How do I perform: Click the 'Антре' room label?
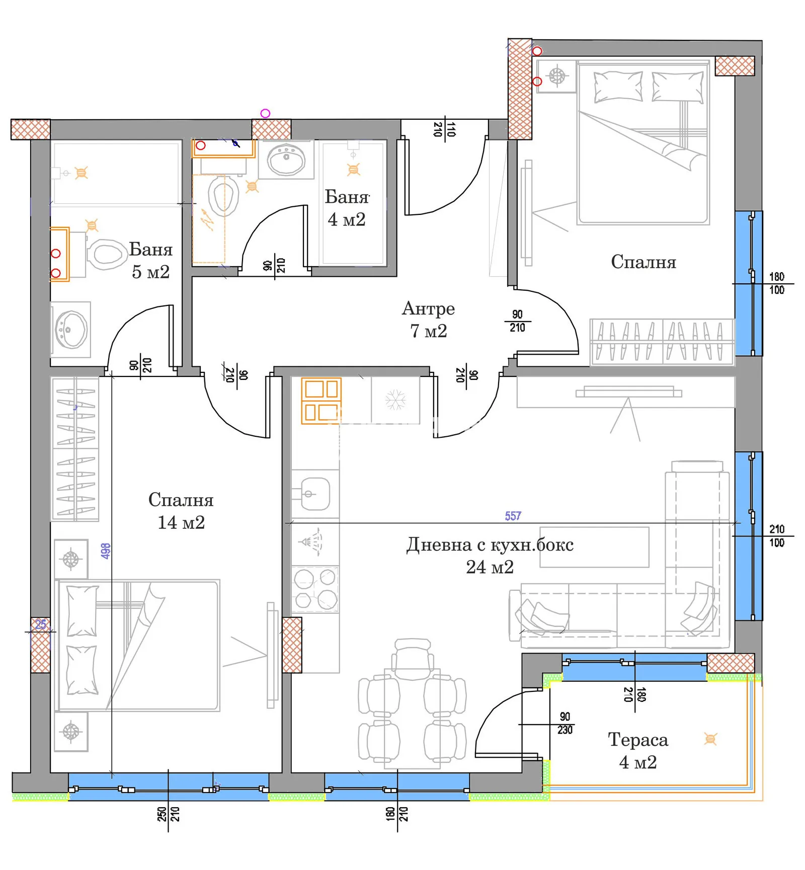(x=428, y=308)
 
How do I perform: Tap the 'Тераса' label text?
(x=638, y=740)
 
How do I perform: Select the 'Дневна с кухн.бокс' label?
(x=490, y=544)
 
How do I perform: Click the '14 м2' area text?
(x=181, y=523)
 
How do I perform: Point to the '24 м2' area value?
(x=490, y=567)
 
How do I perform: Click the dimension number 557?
(x=513, y=516)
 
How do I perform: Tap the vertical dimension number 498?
(x=105, y=551)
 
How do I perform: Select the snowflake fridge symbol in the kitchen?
(x=395, y=400)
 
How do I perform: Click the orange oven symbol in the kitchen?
(x=321, y=401)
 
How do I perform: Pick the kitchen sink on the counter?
(x=315, y=494)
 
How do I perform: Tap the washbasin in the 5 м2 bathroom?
(x=70, y=330)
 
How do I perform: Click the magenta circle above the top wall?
(x=265, y=114)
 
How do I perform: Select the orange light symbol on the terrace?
(x=710, y=739)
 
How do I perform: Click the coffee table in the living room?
(x=594, y=547)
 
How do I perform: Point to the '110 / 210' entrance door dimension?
(x=444, y=129)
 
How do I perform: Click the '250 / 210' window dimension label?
(x=168, y=814)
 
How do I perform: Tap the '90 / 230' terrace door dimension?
(x=565, y=724)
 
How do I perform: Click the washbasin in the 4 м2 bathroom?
(x=286, y=159)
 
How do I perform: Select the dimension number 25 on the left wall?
(x=41, y=625)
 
